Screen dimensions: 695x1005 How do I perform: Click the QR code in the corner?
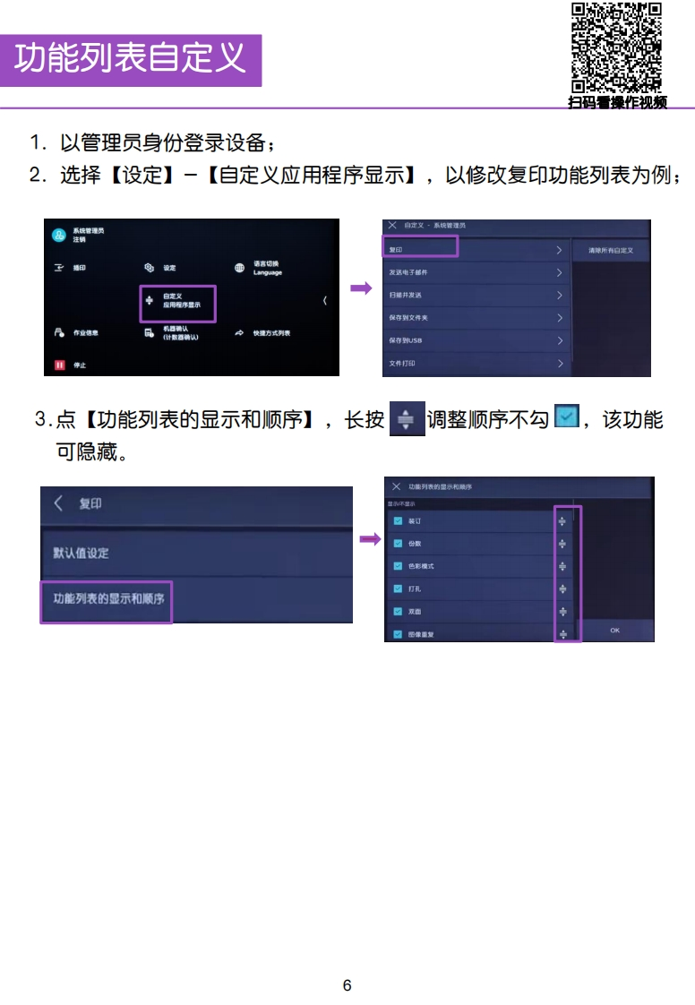(616, 47)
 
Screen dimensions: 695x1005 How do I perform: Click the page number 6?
(347, 985)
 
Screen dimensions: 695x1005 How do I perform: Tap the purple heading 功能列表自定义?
(131, 60)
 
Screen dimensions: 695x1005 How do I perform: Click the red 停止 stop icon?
(60, 365)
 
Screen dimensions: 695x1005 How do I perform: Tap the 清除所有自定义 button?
(611, 251)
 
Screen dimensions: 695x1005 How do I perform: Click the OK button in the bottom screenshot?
(615, 631)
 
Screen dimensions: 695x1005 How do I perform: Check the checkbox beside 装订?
(398, 520)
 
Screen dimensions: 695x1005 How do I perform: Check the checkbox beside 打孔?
(398, 588)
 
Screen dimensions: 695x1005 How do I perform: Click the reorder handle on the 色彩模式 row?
(562, 566)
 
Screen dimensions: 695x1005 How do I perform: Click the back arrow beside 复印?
(59, 503)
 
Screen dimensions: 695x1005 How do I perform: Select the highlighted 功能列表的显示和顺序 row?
(107, 598)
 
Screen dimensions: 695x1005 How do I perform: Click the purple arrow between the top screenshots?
(361, 288)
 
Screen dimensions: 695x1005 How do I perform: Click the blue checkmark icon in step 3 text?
(566, 417)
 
